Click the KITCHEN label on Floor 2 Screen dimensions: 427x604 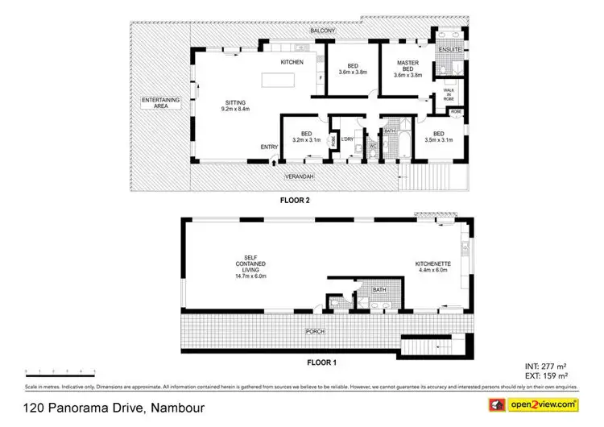pos(291,62)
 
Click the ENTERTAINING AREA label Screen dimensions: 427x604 pos(160,102)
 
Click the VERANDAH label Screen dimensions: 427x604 pos(300,176)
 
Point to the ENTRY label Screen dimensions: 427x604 pos(270,147)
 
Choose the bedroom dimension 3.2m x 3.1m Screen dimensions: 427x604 pos(306,139)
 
